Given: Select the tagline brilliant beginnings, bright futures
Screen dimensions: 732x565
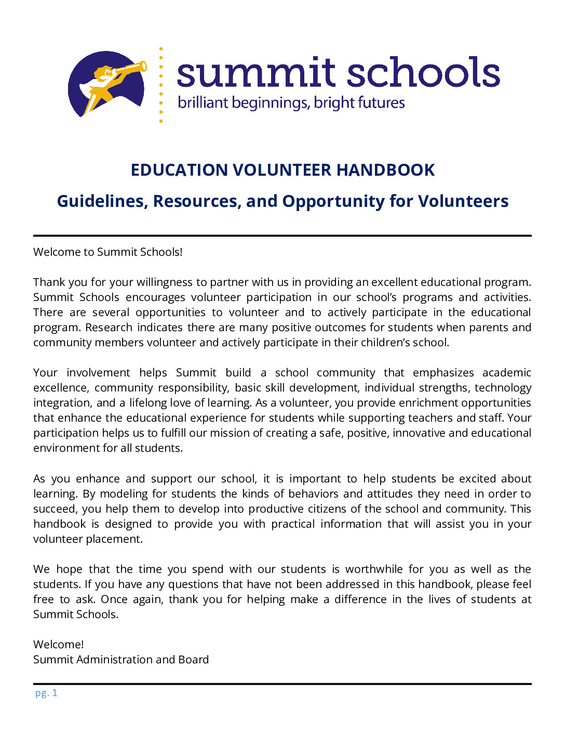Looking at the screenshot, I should coord(291,103).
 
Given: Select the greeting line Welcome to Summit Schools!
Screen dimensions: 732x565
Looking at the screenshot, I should coord(108,252).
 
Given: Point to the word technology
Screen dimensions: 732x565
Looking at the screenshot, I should coord(503,388).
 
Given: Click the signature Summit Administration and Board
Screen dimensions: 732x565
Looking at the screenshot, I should coord(121,660).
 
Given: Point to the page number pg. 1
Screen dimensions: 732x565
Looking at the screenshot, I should coord(46,693).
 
